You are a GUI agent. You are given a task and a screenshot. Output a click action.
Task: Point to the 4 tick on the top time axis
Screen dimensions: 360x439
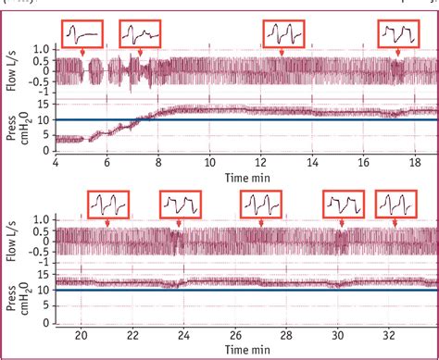click(x=56, y=160)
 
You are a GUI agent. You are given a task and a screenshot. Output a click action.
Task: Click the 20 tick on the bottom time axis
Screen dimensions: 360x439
click(x=82, y=335)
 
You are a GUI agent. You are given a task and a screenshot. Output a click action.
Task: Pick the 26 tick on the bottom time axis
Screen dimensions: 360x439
click(x=237, y=335)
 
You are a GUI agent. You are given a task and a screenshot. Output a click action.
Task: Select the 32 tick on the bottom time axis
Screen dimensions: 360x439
click(x=389, y=335)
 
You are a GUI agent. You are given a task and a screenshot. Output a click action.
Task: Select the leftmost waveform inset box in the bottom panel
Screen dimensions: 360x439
click(x=109, y=203)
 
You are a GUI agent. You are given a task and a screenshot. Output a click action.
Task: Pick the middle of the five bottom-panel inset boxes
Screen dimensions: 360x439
click(x=262, y=203)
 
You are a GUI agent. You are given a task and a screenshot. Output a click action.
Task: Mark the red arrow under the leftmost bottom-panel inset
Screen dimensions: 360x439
click(x=107, y=222)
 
